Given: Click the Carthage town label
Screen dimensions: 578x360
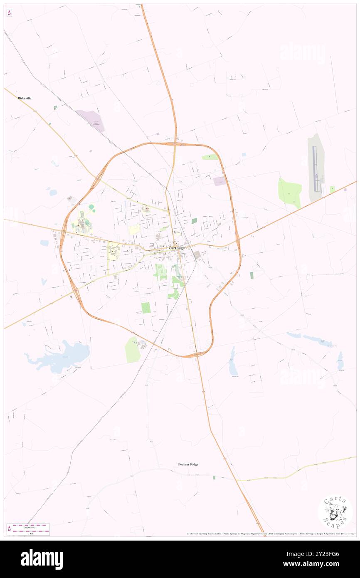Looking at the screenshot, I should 177,248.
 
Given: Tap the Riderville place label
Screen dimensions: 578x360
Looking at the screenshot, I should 25,98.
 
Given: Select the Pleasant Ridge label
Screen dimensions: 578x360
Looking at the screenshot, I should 188,464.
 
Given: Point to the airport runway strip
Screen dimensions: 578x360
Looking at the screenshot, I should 315,168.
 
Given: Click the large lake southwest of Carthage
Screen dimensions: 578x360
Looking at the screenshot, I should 62,356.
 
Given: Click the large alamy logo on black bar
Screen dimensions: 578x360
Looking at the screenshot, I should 42,559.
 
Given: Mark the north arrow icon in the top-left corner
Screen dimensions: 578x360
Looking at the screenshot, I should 9,13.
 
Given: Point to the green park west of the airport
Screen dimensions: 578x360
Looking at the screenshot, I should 289,193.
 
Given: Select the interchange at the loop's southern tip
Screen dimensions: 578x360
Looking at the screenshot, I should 195,355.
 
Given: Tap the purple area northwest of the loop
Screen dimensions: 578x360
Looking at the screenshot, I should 91,120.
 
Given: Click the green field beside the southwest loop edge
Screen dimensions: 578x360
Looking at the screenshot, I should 133,350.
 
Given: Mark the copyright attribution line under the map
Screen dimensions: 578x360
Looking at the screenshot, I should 270,534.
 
